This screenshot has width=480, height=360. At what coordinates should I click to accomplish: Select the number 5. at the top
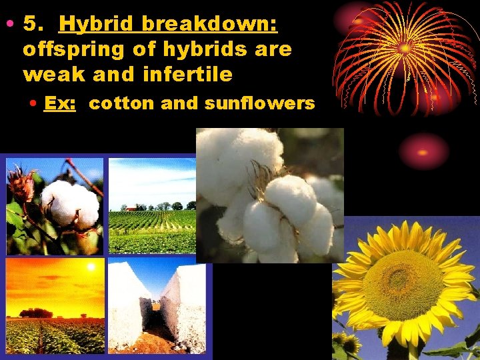(33, 25)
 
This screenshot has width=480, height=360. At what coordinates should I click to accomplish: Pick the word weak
(50, 74)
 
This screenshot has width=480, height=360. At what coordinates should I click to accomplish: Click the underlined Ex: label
(58, 103)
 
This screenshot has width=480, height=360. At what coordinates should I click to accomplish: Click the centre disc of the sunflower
(403, 285)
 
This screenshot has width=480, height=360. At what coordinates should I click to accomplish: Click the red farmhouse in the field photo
(131, 209)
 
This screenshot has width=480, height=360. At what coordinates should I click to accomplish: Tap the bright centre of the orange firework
(405, 48)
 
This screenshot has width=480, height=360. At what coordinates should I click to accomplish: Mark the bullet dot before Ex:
(33, 104)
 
